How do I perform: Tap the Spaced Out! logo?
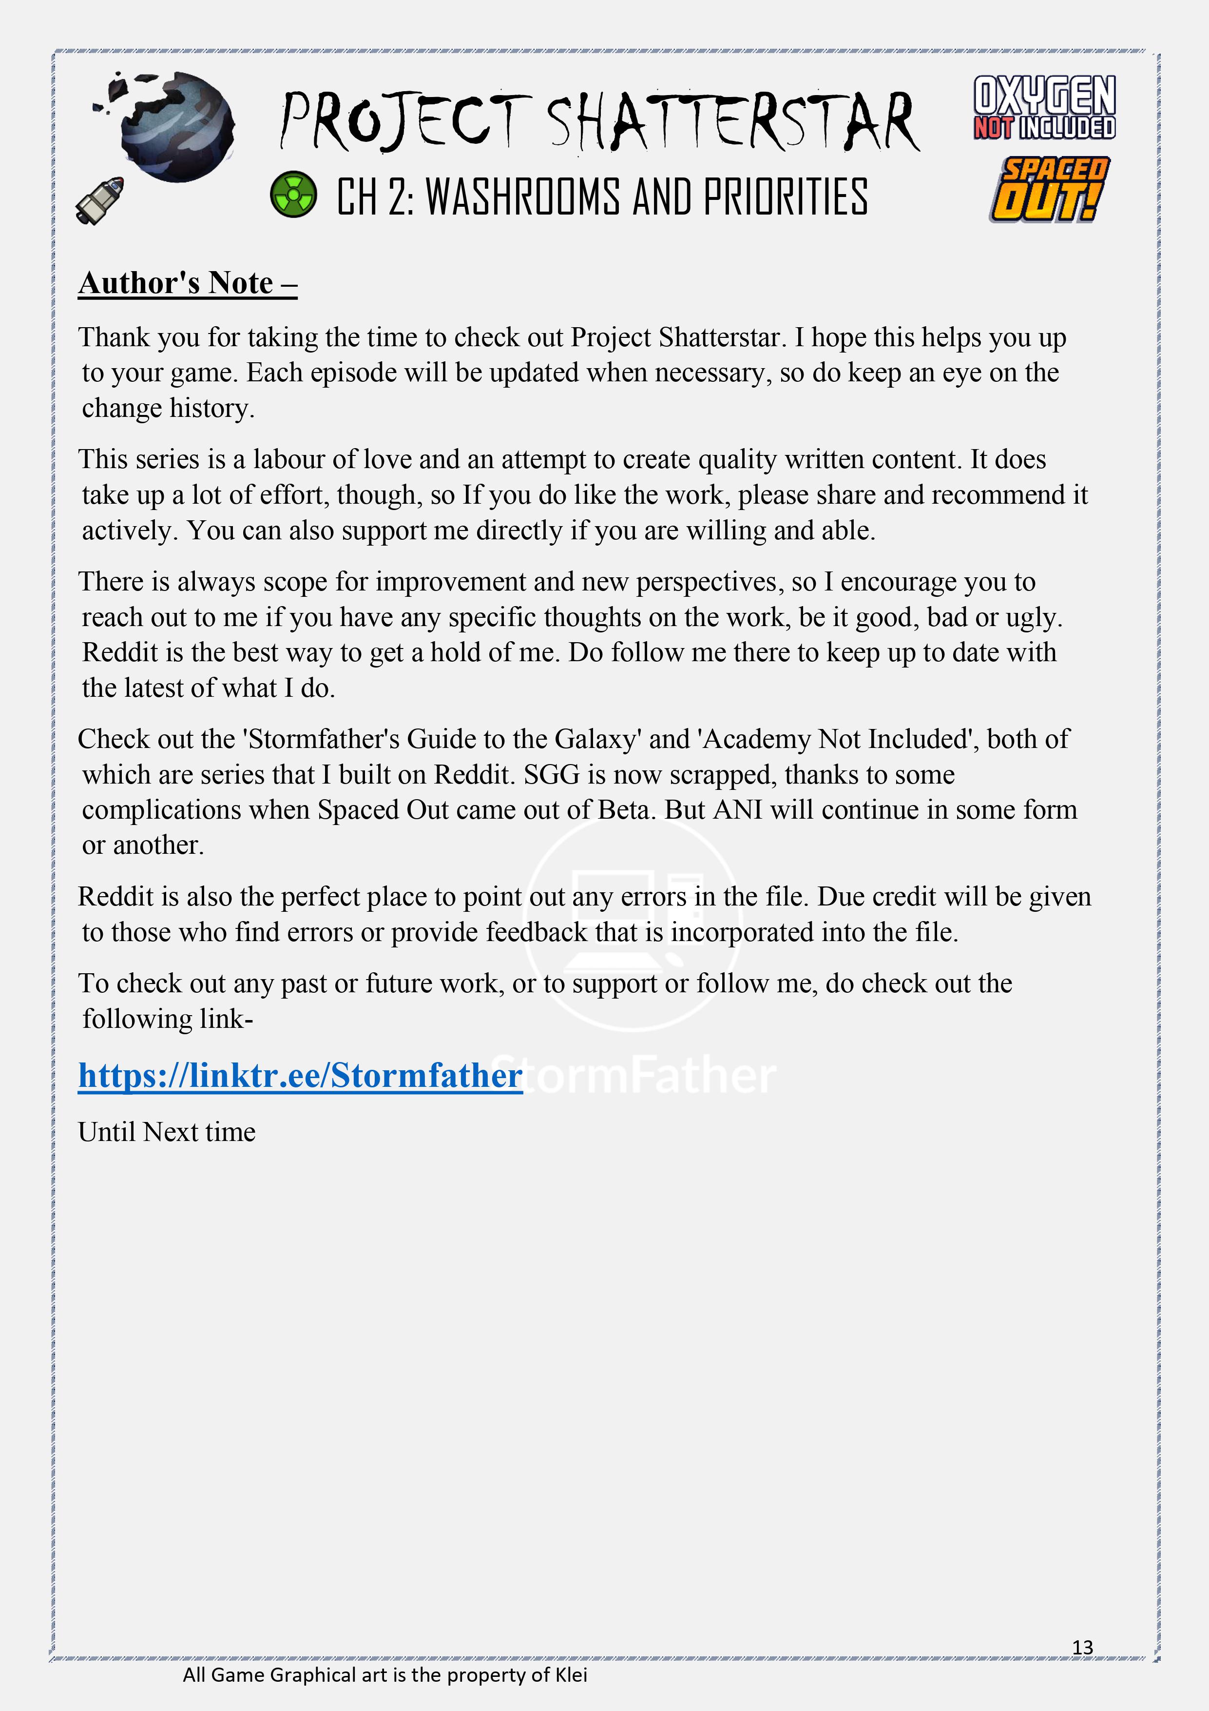1049,189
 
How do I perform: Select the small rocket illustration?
100,200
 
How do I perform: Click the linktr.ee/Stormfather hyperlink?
300,1075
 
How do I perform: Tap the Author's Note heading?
188,283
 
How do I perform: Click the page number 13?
1082,1647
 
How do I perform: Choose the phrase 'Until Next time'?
167,1132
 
